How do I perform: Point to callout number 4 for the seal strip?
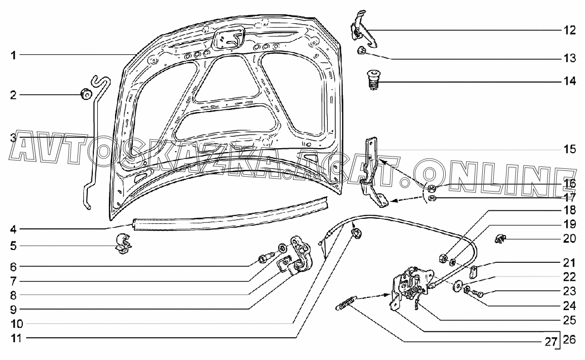14,229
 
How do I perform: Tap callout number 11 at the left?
13,338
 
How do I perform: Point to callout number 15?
570,149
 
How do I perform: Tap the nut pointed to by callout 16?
430,188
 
